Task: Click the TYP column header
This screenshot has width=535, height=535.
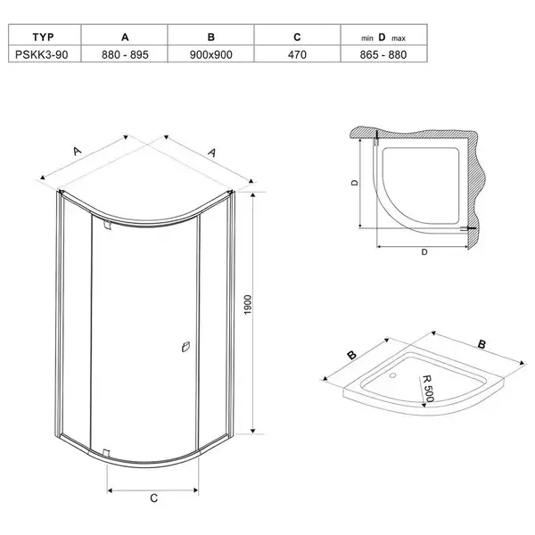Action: (x=43, y=37)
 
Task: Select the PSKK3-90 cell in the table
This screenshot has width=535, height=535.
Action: (x=42, y=54)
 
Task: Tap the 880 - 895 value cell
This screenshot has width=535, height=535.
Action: (x=125, y=54)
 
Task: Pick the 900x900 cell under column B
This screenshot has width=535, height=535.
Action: (x=210, y=54)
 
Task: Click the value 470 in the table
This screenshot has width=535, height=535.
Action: (x=297, y=54)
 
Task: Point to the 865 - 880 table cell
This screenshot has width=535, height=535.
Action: (x=383, y=54)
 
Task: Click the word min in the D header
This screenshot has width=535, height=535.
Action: (x=367, y=38)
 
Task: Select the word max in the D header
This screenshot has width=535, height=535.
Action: (x=399, y=38)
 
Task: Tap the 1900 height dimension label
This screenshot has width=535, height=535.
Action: (x=248, y=305)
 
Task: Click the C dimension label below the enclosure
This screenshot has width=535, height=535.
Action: (x=154, y=498)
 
